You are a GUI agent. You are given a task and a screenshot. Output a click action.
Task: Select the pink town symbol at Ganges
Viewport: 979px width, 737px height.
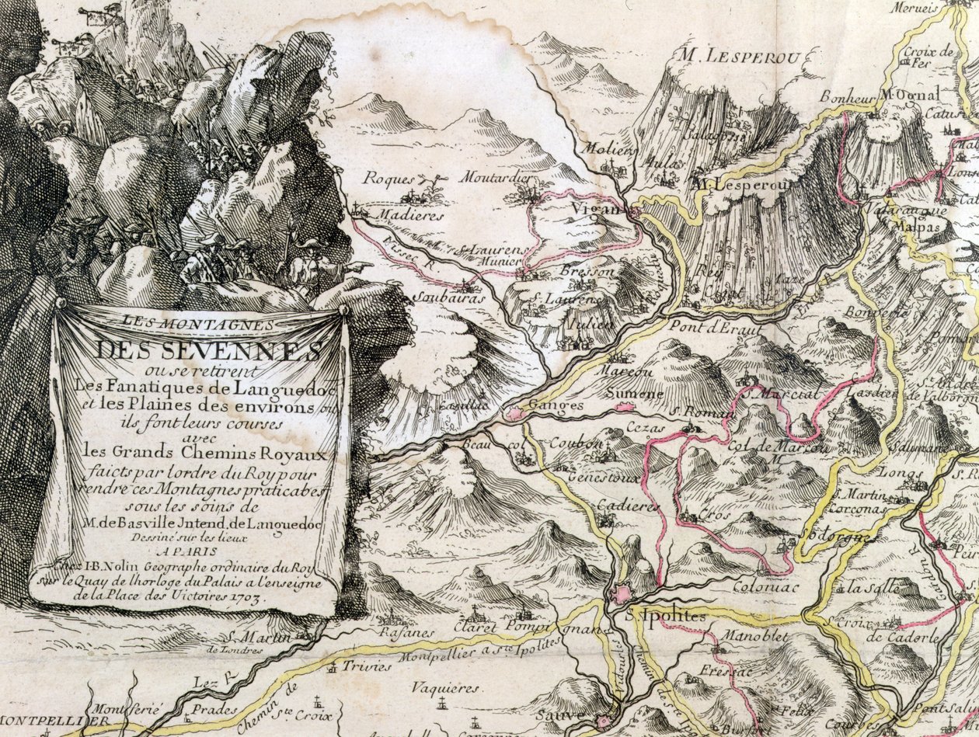pyautogui.click(x=515, y=414)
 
